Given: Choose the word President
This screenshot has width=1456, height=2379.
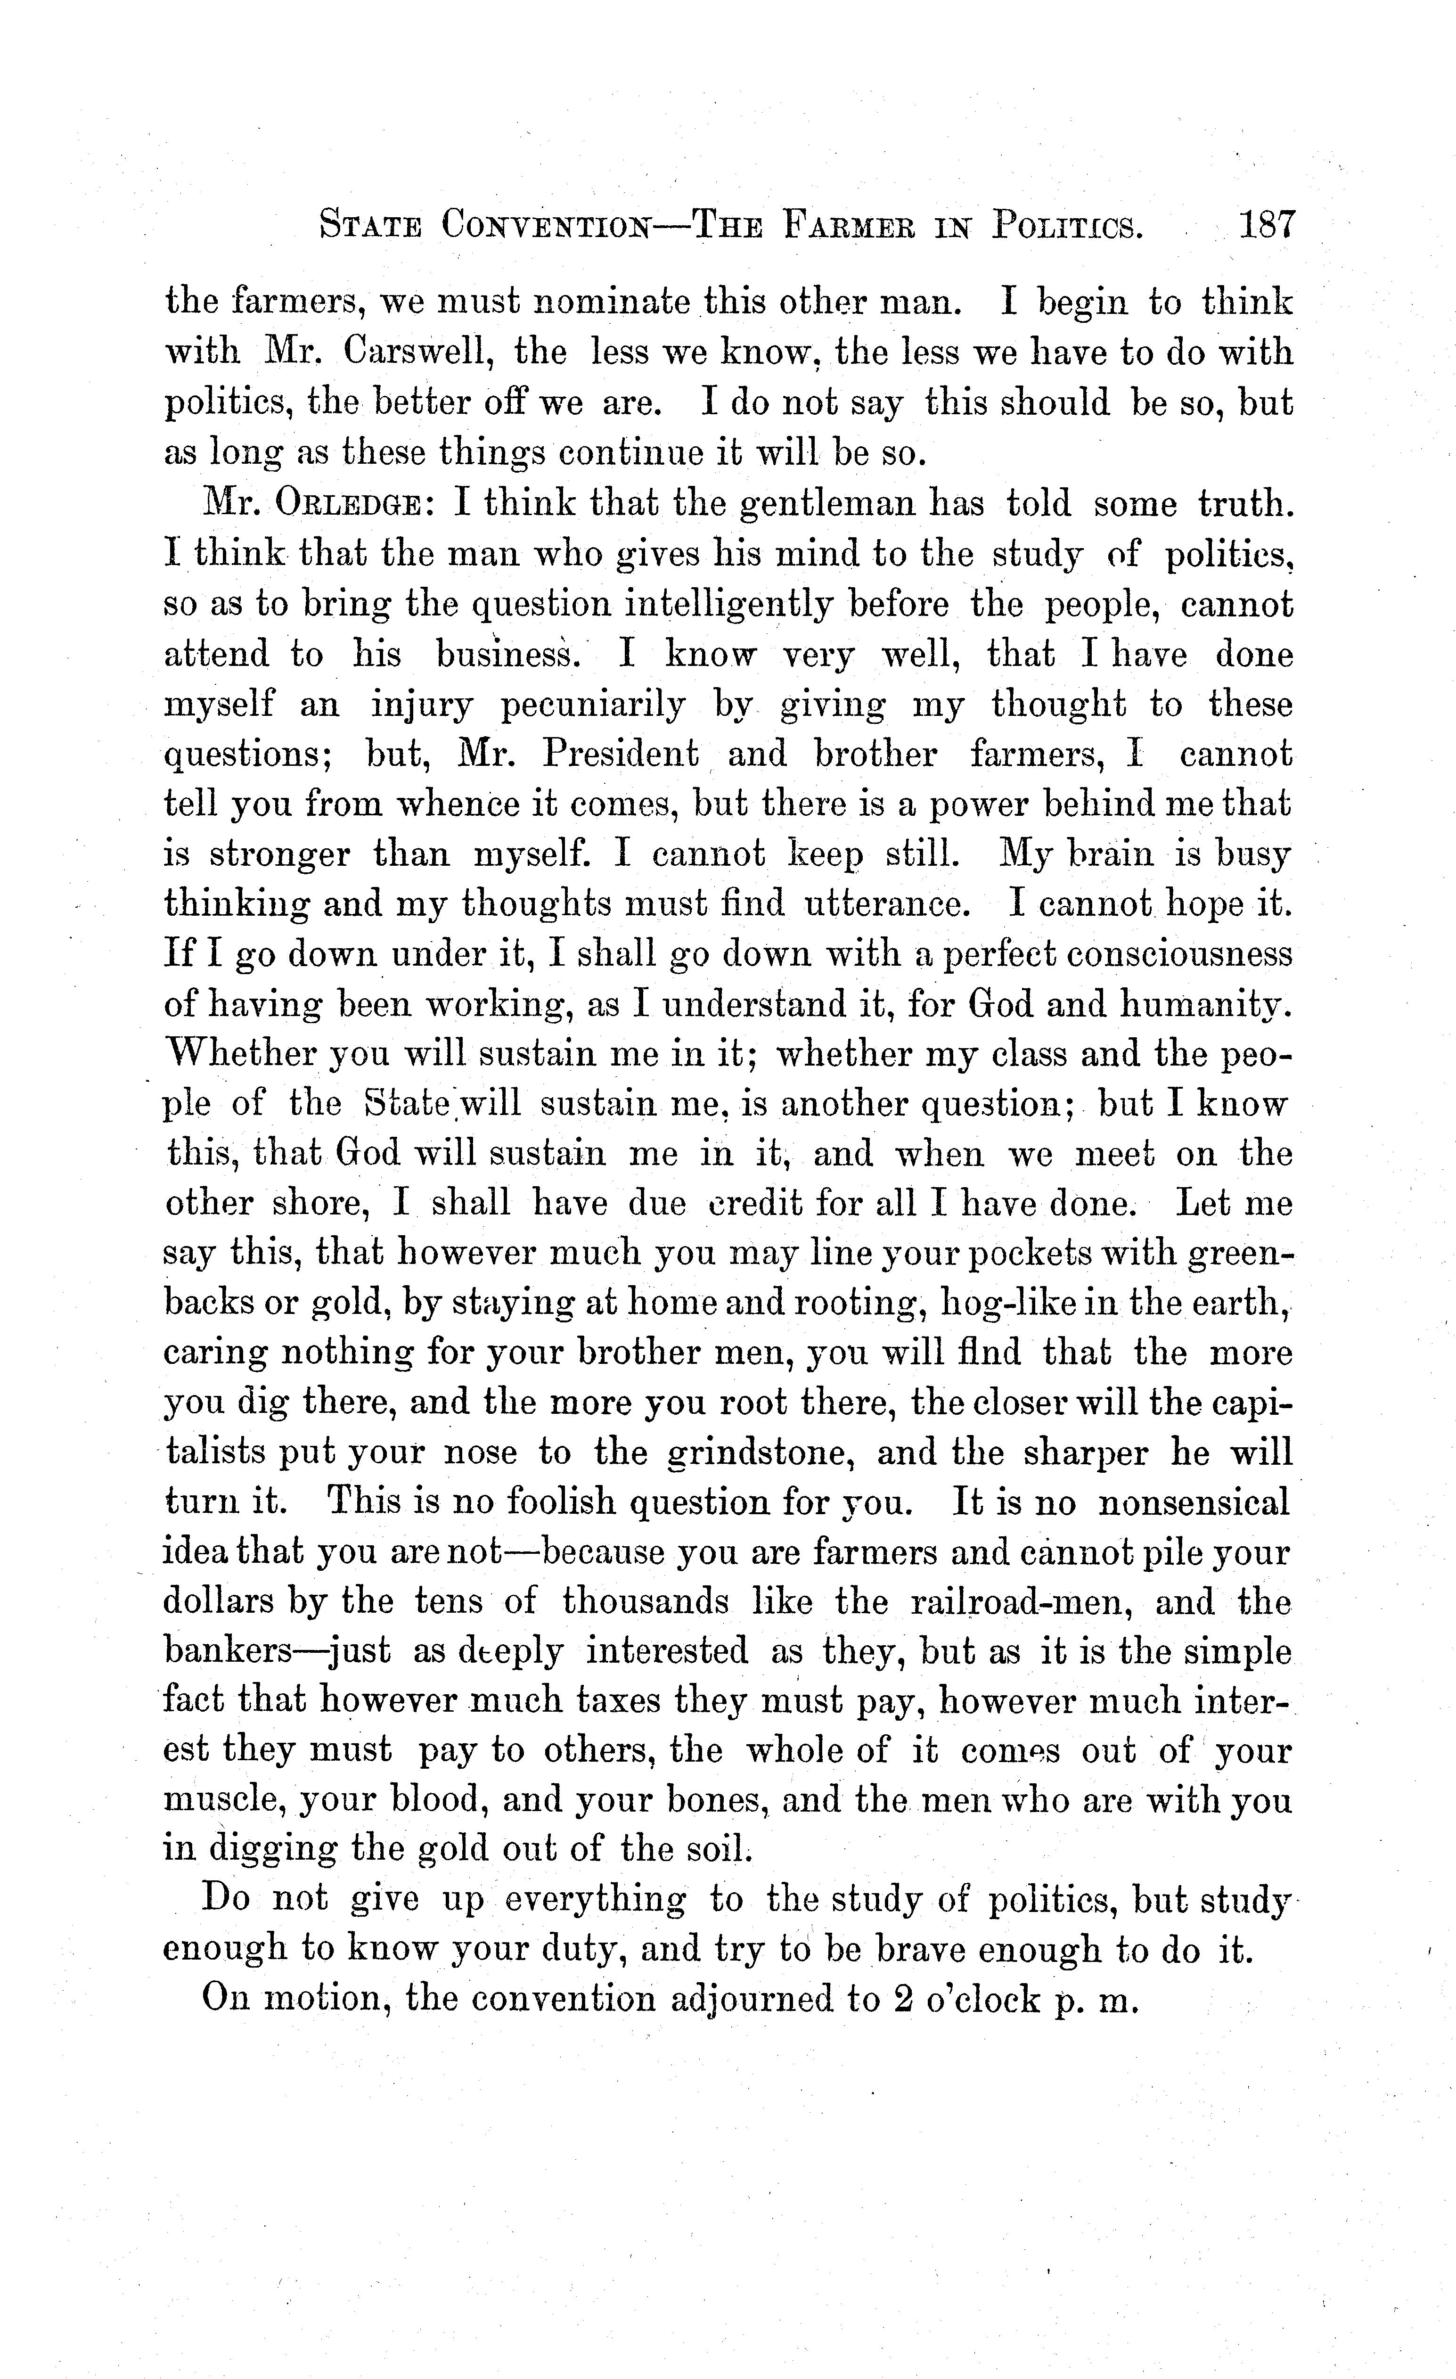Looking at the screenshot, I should click(620, 754).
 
